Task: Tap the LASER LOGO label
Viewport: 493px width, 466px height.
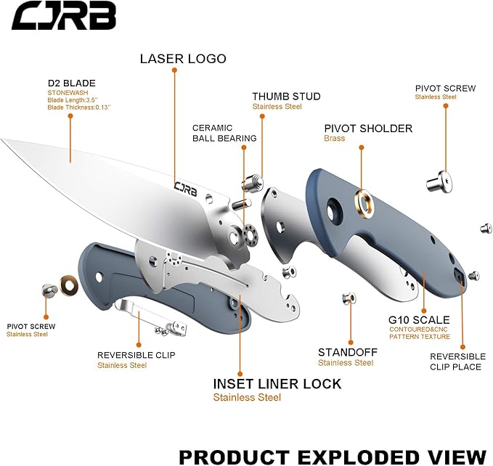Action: coord(183,59)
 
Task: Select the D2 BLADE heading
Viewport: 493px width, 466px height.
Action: coord(71,83)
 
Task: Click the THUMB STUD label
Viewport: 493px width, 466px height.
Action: coord(286,97)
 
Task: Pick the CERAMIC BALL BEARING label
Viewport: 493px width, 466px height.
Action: coord(224,133)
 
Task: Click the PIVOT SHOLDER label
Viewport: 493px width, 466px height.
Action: coord(367,128)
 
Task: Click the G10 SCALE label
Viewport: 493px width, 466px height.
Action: coord(419,319)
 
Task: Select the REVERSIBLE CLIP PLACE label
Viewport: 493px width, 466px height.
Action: coord(457,361)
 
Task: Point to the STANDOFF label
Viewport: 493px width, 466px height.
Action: coord(346,353)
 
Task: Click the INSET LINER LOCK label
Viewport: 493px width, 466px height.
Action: coord(277,384)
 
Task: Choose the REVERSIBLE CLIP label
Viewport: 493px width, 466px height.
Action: coord(136,356)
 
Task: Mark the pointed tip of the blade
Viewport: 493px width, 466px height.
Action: coord(4,140)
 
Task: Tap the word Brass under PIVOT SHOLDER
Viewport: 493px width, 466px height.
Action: coord(335,138)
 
